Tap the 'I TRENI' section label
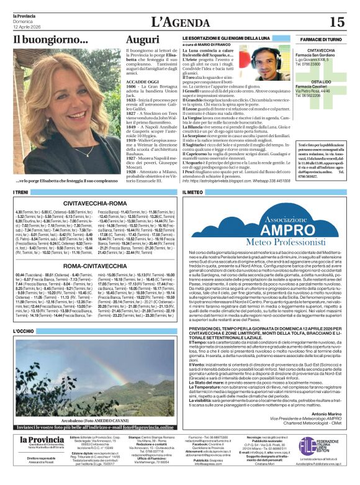point(22,193)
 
